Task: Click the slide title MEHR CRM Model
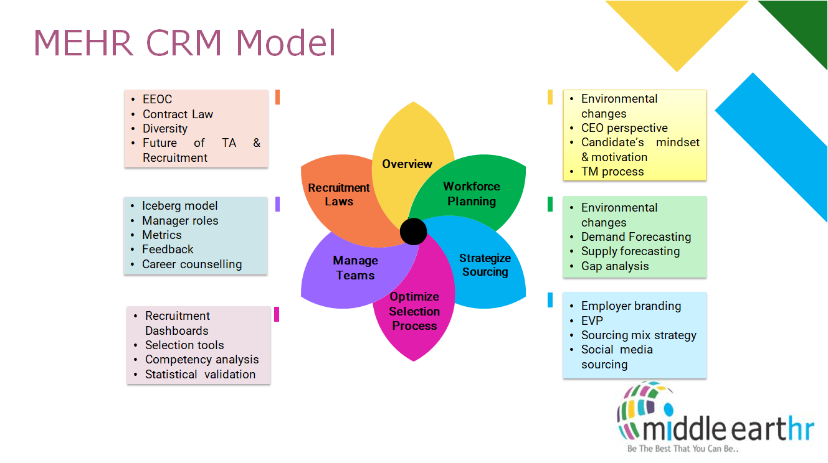pos(184,42)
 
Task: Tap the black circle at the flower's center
pos(414,231)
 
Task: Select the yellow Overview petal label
pos(407,164)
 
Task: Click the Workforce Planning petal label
pos(472,194)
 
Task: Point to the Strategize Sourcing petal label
pos(485,265)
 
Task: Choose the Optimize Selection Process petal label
pos(414,311)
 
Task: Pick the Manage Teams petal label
pos(355,268)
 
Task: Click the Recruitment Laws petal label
pos(339,194)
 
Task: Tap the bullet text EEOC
pos(157,100)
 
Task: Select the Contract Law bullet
pos(178,115)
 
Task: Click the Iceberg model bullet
pos(179,206)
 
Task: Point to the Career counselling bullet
pos(192,264)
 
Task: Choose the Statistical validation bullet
pos(200,375)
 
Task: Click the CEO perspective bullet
pos(624,128)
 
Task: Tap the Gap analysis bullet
pos(615,266)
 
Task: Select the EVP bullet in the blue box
pos(592,321)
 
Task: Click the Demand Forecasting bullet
pos(636,237)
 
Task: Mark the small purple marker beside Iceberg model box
pos(277,204)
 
